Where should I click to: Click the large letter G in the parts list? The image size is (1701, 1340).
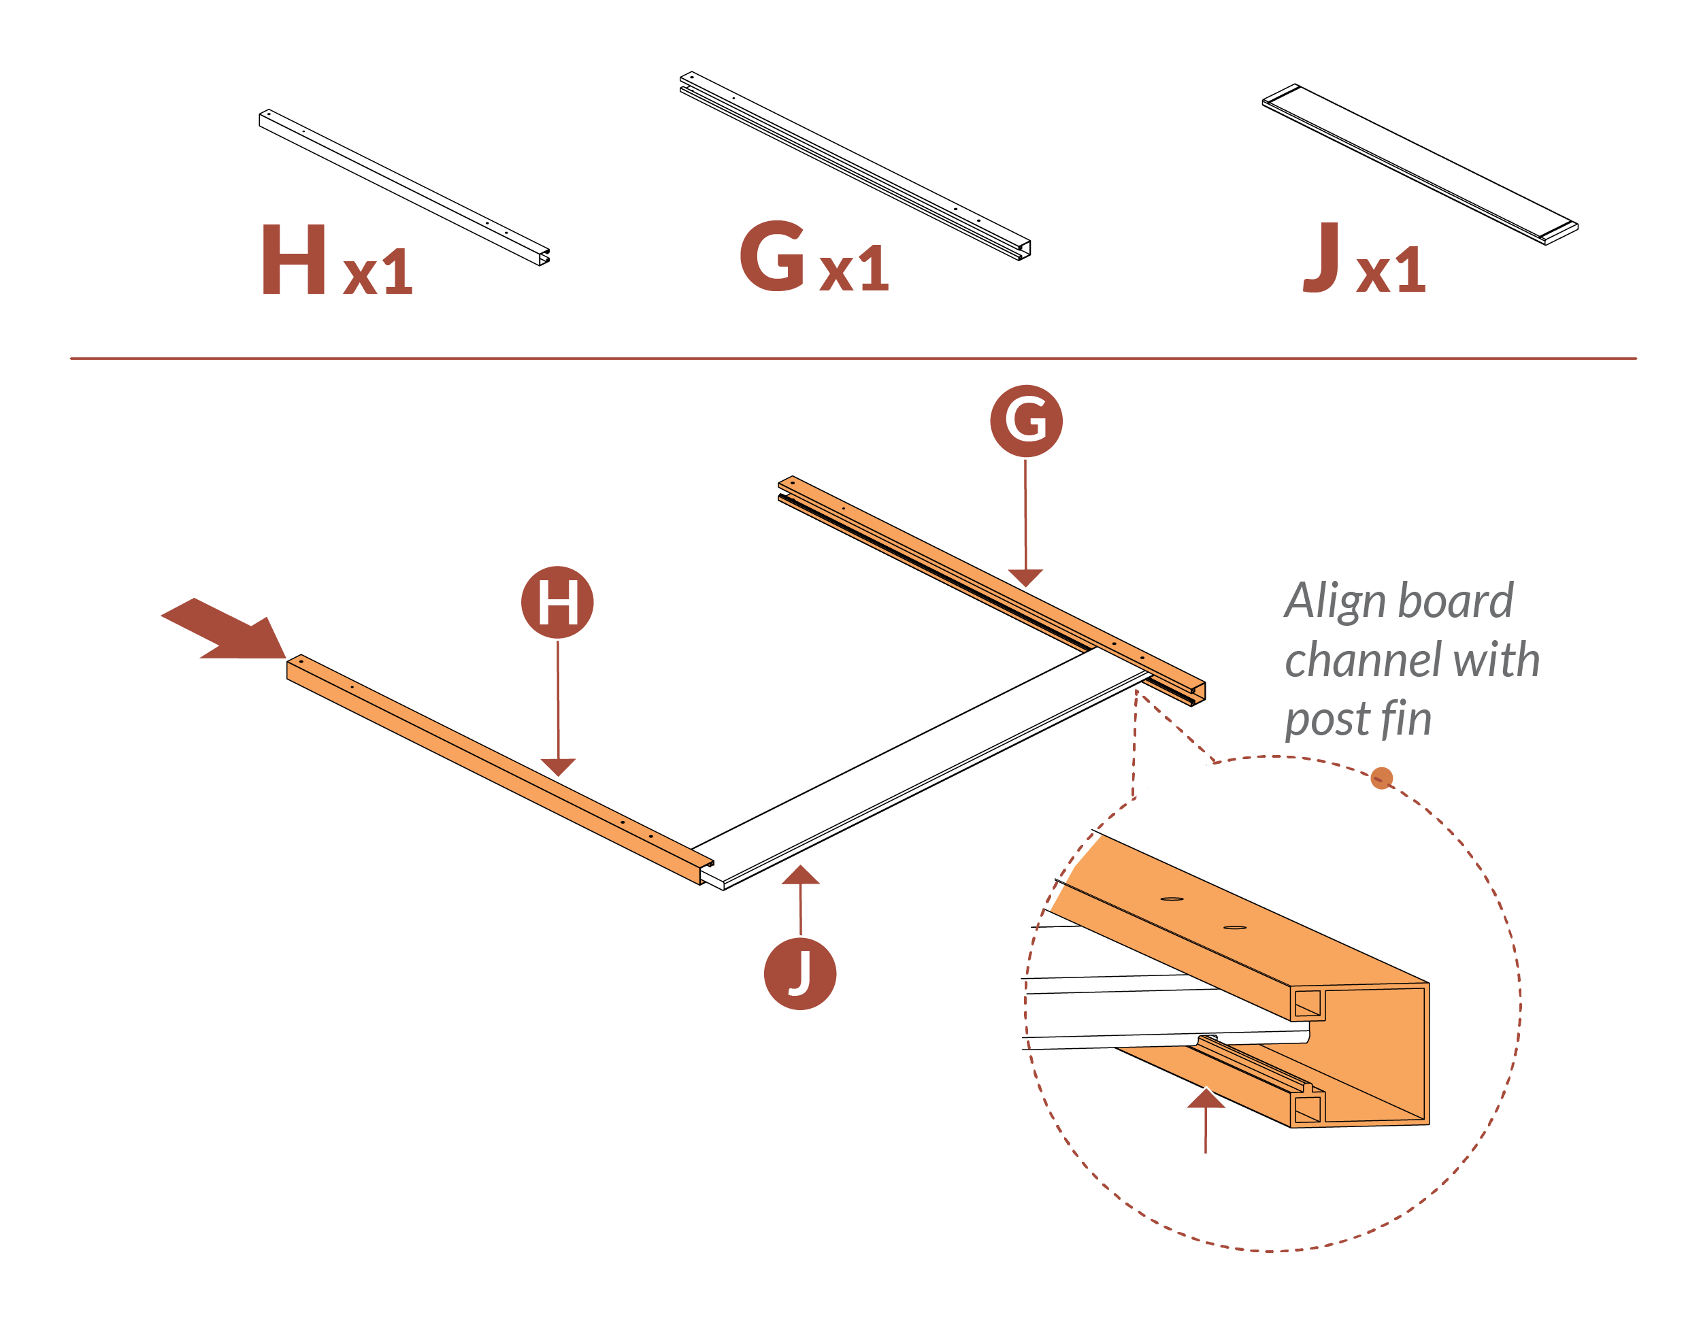tap(773, 256)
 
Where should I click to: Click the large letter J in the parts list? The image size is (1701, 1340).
tap(1321, 256)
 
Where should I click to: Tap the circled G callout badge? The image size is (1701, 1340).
tap(1025, 421)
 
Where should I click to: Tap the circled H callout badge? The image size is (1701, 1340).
tap(557, 603)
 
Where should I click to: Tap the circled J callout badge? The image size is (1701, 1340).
tap(799, 973)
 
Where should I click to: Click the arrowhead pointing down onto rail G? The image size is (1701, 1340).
tap(1025, 577)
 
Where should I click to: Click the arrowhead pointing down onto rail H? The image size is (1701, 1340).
tap(558, 767)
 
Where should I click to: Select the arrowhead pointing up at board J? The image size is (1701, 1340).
tap(800, 875)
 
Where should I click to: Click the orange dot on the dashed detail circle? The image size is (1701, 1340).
tap(1382, 778)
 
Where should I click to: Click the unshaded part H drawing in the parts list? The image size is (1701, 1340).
tap(404, 187)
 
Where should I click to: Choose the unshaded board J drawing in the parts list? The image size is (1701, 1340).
tap(1419, 164)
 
